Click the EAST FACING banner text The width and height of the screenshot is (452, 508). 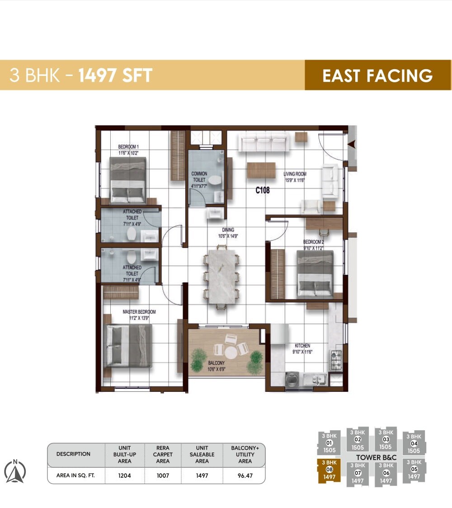pyautogui.click(x=377, y=75)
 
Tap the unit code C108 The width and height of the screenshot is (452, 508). pyautogui.click(x=263, y=190)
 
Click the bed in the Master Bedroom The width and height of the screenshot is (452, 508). pyautogui.click(x=127, y=346)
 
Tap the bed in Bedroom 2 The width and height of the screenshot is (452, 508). pyautogui.click(x=315, y=274)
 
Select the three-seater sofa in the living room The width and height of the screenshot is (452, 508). pyautogui.click(x=264, y=144)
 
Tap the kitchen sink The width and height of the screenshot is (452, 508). pyautogui.click(x=315, y=379)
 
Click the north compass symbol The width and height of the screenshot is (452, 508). pyautogui.click(x=15, y=471)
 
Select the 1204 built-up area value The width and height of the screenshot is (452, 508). pyautogui.click(x=125, y=475)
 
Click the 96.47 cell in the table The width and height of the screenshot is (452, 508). pyautogui.click(x=245, y=475)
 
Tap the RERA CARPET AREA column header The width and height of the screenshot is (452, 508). pyautogui.click(x=163, y=454)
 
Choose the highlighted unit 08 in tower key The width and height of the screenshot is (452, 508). pyautogui.click(x=330, y=469)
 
